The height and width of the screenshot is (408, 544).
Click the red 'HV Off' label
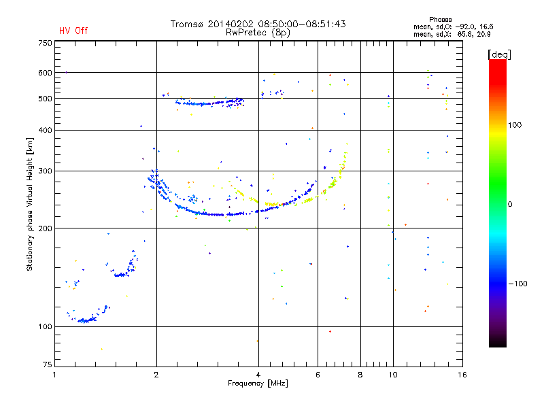(73, 31)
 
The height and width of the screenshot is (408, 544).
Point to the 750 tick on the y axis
(45, 42)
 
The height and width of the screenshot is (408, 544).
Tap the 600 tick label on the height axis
(45, 73)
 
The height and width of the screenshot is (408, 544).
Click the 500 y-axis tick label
(45, 99)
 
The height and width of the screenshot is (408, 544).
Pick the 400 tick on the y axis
(45, 130)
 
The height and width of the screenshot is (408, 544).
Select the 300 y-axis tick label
(45, 171)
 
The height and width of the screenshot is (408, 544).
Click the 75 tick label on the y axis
(47, 368)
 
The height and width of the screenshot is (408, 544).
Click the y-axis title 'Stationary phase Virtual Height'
(30, 204)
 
